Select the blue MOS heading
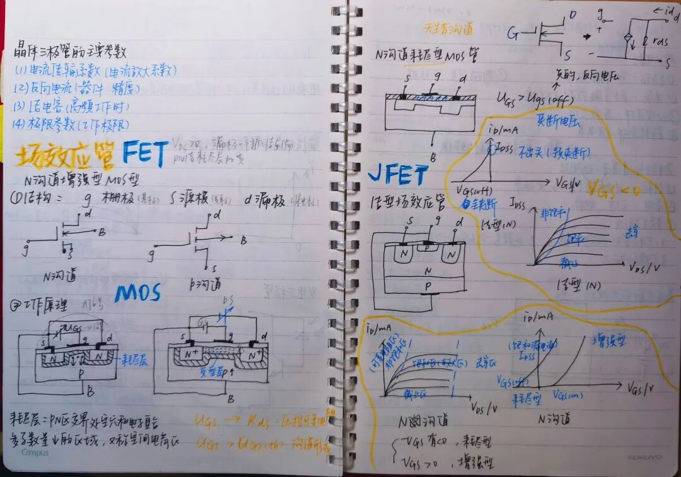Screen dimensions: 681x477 138,293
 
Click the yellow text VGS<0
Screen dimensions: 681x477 614,188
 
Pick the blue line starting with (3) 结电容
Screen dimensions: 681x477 70,105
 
